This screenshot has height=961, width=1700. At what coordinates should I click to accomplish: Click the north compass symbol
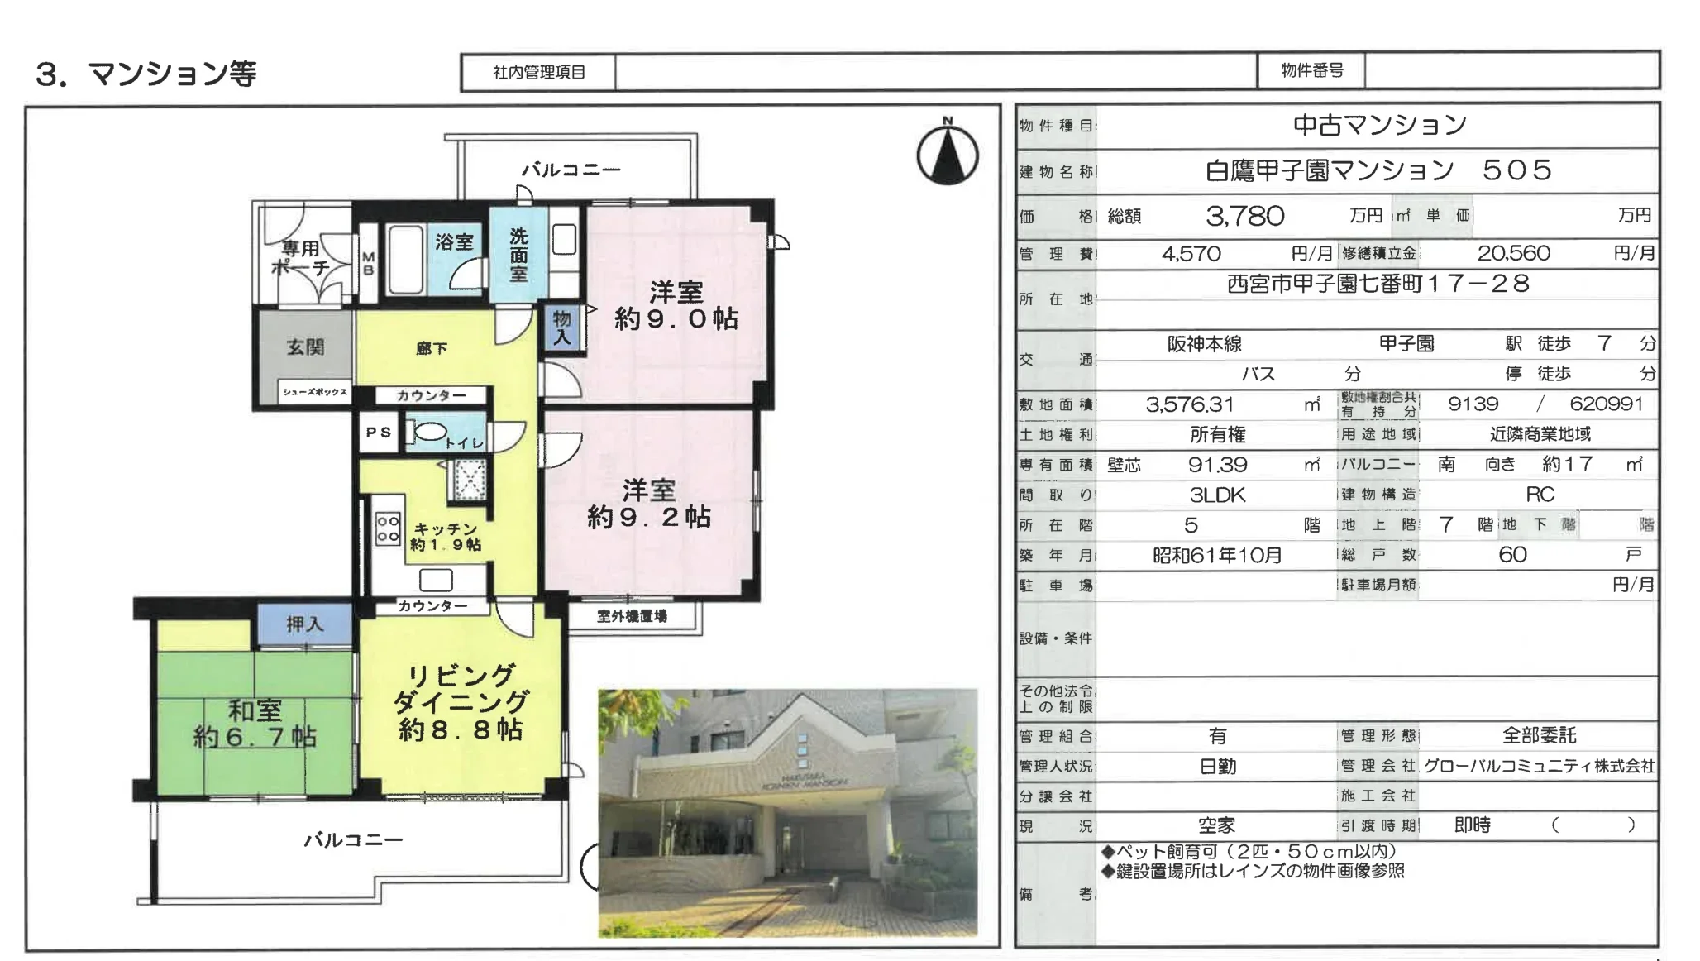point(947,154)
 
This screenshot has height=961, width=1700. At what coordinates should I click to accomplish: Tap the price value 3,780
point(1244,216)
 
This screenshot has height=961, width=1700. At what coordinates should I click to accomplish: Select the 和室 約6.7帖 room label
point(255,724)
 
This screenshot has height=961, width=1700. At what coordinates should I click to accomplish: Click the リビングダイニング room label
point(460,701)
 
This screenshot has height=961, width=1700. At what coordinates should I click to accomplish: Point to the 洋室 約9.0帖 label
point(676,305)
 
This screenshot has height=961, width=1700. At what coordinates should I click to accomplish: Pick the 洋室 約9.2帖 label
point(648,504)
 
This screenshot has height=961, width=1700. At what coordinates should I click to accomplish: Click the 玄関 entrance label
point(305,347)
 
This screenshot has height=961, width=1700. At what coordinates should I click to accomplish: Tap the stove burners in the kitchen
point(388,528)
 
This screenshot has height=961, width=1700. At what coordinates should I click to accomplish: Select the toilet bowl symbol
point(429,431)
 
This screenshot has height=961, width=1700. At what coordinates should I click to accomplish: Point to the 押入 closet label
point(304,624)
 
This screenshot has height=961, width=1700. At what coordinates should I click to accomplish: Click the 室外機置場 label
point(632,616)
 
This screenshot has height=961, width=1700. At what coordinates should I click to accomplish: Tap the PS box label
point(379,433)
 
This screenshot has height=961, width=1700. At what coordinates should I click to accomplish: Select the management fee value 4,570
point(1191,254)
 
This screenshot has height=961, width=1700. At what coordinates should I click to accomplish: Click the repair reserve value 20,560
point(1513,254)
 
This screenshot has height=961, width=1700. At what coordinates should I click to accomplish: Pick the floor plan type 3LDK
point(1217,495)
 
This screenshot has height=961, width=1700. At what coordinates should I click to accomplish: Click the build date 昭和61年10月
point(1217,555)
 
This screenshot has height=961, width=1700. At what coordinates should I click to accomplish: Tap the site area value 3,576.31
point(1189,404)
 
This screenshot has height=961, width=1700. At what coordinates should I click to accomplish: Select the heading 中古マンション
point(1379,126)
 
